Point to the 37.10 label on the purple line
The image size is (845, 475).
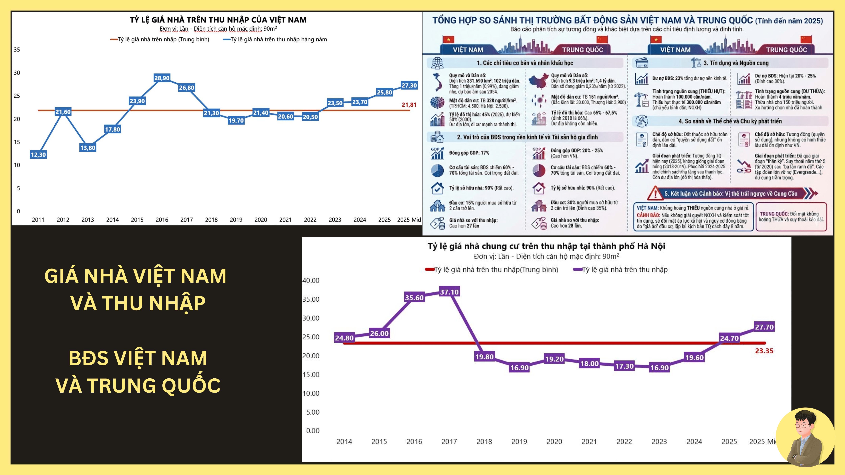click(449, 292)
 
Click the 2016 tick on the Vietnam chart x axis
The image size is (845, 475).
click(162, 220)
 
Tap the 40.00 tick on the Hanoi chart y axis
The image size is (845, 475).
click(311, 281)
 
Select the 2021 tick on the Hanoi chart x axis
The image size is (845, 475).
click(589, 442)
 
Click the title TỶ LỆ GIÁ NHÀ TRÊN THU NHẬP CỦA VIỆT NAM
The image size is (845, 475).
click(218, 20)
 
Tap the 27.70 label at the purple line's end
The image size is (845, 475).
click(764, 327)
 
